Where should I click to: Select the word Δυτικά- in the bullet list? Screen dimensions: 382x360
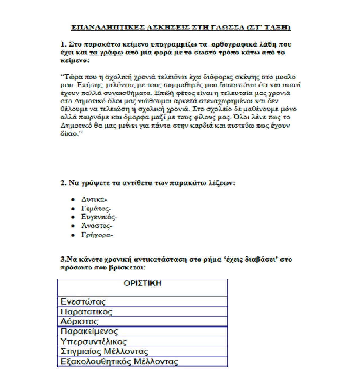click(94, 199)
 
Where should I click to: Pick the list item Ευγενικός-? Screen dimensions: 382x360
click(99, 217)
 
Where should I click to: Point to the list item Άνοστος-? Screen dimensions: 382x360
click(97, 226)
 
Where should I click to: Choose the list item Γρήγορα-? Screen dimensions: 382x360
click(97, 235)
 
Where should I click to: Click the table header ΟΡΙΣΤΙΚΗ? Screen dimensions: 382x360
click(142, 283)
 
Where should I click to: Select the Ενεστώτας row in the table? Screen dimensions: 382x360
click(83, 302)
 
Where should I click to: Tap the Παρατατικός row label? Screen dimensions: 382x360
click(86, 312)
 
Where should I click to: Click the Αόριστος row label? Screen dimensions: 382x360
click(80, 321)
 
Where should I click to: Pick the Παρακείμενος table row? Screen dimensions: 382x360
click(89, 331)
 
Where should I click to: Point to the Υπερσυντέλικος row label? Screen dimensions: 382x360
click(94, 342)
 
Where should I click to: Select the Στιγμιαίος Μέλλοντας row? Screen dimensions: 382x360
click(104, 351)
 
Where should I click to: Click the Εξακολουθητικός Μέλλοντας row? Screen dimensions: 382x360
click(119, 361)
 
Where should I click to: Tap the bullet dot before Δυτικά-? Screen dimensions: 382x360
click(73, 199)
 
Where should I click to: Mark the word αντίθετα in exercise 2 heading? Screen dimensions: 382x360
click(137, 183)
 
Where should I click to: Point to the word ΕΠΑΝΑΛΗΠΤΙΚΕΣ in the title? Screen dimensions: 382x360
click(108, 27)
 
